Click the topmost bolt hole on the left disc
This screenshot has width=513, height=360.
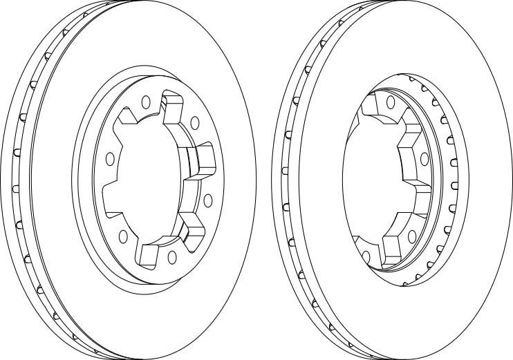(146, 102)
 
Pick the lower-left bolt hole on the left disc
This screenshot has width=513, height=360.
(123, 236)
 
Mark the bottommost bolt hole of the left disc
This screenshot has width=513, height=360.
(170, 257)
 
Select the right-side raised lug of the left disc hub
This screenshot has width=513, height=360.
(205, 160)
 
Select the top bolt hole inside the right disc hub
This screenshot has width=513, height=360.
(391, 103)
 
